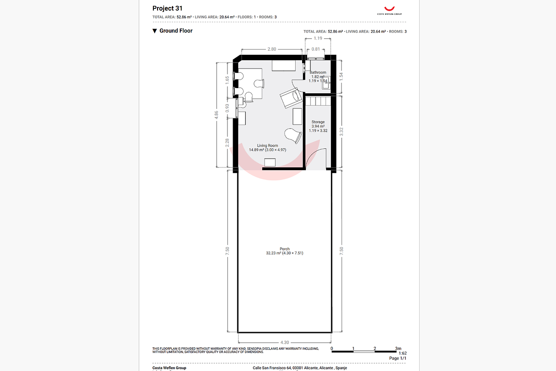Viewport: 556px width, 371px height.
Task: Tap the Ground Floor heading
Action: [x=176, y=31]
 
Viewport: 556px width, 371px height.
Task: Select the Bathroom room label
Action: [x=318, y=72]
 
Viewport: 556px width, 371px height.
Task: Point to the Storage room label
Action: [x=318, y=122]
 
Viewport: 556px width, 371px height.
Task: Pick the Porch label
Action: [x=284, y=249]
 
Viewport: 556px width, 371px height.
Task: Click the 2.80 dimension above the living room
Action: [x=272, y=49]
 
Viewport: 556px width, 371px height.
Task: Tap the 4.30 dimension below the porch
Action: [x=284, y=342]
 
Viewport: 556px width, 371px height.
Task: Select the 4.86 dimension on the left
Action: [x=216, y=115]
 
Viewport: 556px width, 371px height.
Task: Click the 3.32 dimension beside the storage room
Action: [x=341, y=131]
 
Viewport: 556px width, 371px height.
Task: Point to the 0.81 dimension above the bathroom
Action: [x=316, y=49]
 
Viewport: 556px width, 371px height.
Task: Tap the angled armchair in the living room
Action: [x=291, y=97]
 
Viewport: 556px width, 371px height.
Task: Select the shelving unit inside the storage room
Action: [x=318, y=101]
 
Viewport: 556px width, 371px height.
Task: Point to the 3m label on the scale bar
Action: [x=398, y=348]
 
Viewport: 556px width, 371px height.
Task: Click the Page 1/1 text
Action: [x=398, y=358]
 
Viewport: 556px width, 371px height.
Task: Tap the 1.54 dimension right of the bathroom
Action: [x=341, y=77]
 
